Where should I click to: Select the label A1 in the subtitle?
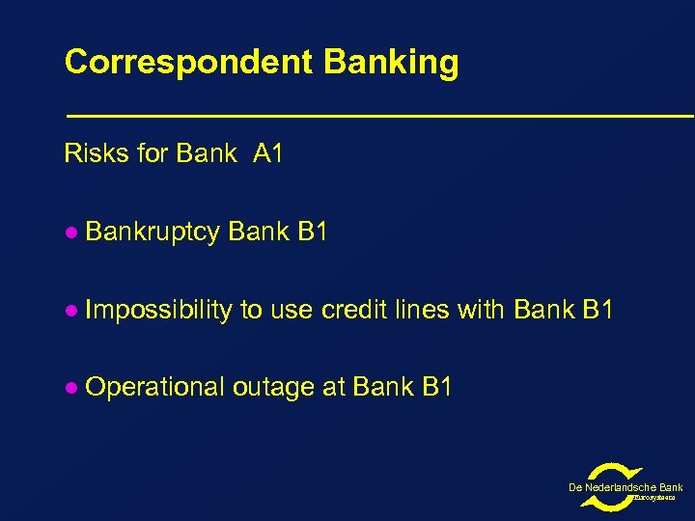[267, 153]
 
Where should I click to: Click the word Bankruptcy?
[153, 233]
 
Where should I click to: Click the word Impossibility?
[158, 310]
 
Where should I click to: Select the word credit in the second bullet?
[353, 310]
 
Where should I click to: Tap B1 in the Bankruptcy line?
[313, 233]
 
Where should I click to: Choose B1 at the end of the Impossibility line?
[597, 310]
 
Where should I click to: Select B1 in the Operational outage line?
[436, 387]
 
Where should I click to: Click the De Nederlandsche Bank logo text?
[625, 488]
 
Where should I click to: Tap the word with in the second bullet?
[483, 310]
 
